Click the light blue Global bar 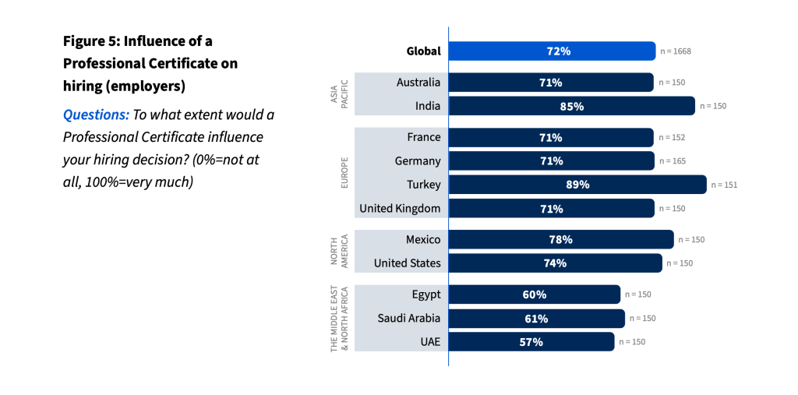(552, 51)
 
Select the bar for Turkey (577, 185)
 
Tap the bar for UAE (531, 342)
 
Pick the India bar (570, 106)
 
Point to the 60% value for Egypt (535, 294)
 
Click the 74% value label (555, 263)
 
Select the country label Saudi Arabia (408, 318)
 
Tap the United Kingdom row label (399, 208)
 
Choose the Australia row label (418, 82)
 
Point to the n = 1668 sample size (676, 51)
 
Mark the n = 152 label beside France (672, 137)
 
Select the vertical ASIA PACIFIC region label (339, 94)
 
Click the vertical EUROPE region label (343, 173)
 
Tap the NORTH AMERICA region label (339, 251)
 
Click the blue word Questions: (96, 115)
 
